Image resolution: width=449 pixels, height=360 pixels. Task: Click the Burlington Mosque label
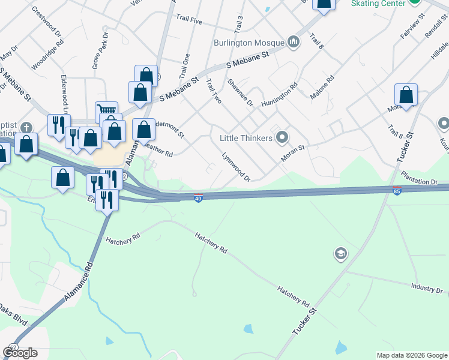click(x=249, y=43)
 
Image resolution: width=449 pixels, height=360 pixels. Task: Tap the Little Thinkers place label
click(x=247, y=138)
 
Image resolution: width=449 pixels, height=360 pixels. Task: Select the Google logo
click(x=20, y=353)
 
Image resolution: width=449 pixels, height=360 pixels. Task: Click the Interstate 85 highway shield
click(x=397, y=191)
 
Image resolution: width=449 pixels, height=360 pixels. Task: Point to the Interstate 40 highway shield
click(x=198, y=197)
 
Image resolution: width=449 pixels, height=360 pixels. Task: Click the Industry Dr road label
click(x=427, y=289)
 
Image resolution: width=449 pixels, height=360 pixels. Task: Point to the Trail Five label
click(x=189, y=19)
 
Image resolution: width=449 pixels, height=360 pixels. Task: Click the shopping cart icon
click(x=106, y=110)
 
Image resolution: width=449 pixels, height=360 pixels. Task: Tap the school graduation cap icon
click(x=341, y=254)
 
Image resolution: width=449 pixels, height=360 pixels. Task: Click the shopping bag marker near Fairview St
click(x=406, y=95)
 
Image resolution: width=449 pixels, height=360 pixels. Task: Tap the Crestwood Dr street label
click(x=47, y=23)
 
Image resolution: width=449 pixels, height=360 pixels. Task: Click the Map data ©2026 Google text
click(x=411, y=355)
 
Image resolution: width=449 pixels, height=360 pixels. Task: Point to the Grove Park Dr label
click(x=100, y=52)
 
